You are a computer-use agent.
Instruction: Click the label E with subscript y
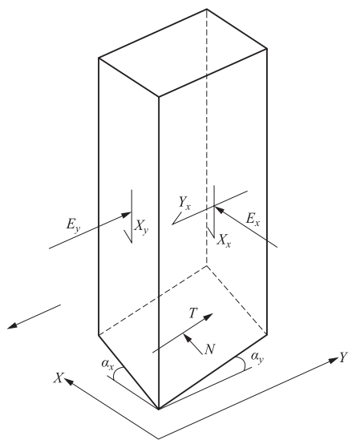coord(72,226)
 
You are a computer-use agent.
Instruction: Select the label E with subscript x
coord(253,220)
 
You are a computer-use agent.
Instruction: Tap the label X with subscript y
coord(141,227)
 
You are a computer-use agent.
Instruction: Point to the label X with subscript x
coord(224,241)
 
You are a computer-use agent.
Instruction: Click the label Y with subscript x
coord(184,203)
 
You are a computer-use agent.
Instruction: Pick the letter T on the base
coord(193,313)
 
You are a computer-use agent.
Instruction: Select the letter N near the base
coord(210,349)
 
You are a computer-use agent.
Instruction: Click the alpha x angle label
coord(107,364)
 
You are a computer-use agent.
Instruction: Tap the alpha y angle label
coord(257,357)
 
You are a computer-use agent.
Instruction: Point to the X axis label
coord(59,378)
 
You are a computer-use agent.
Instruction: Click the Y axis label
coord(343,357)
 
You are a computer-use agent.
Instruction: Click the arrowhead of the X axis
coord(68,381)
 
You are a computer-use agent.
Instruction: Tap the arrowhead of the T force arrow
coord(209,317)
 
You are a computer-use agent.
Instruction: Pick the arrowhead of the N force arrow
coord(186,337)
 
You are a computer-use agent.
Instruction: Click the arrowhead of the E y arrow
coord(127,215)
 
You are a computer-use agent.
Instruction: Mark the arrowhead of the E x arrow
coord(218,209)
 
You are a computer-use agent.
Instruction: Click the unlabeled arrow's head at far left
coord(10,326)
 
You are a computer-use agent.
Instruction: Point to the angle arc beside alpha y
coord(242,362)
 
